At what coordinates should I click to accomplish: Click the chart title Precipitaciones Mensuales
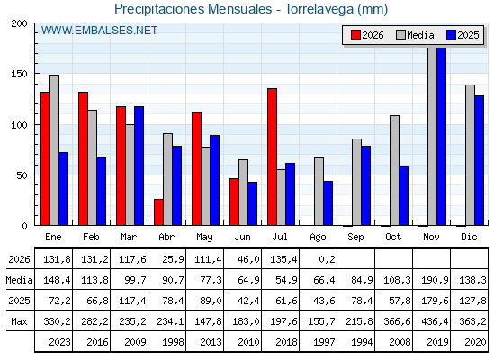[193, 9]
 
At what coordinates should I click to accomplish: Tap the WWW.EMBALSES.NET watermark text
[99, 31]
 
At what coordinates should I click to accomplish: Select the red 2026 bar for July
[272, 157]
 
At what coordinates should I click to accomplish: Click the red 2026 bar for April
[158, 212]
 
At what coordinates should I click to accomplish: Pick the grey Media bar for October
[395, 170]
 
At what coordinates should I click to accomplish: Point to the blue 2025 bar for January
[64, 189]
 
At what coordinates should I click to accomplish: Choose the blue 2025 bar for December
[480, 160]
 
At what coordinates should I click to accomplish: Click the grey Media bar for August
[319, 192]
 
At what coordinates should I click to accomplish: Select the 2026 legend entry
[367, 35]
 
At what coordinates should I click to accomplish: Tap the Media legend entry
[415, 35]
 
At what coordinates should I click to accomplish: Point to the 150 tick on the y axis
[19, 74]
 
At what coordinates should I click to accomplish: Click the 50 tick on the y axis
[22, 175]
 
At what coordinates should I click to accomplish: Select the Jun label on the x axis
[242, 237]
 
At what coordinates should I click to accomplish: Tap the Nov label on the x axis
[431, 237]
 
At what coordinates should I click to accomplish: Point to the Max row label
[19, 321]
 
